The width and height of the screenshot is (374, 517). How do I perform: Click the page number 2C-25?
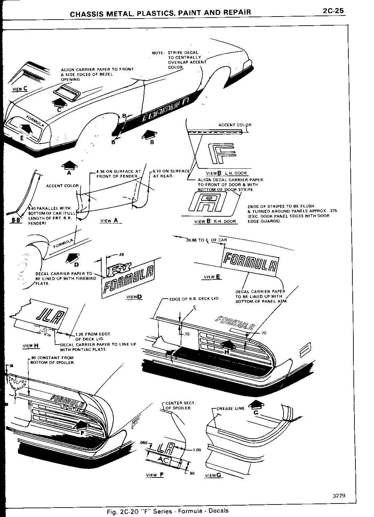[x=333, y=11]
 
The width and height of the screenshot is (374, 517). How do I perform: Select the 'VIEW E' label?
[x=212, y=277]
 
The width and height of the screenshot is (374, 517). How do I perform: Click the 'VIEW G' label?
[x=213, y=475]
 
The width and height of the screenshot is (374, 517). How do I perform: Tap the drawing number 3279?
[x=338, y=496]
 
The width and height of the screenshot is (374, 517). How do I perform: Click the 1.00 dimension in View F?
[x=197, y=450]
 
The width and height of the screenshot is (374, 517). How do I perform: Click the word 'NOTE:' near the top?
[x=158, y=53]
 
